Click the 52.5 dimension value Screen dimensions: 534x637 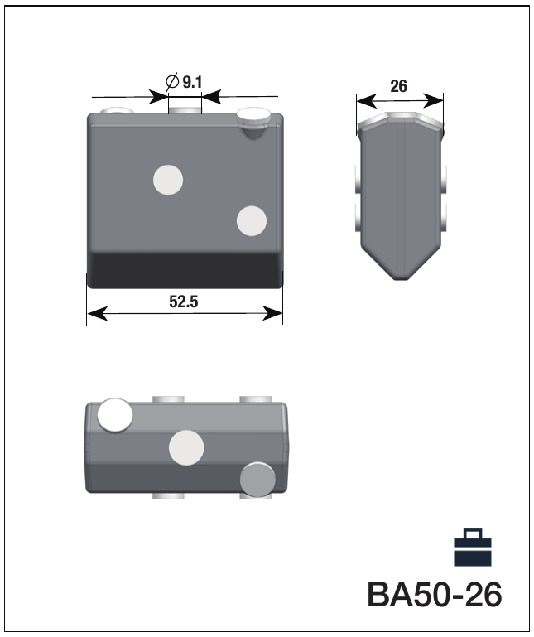[x=184, y=302]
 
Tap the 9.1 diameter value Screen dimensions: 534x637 [x=192, y=82]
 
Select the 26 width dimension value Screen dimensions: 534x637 [x=398, y=86]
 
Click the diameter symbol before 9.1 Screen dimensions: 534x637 [x=172, y=82]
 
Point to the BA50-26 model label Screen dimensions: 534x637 [x=434, y=595]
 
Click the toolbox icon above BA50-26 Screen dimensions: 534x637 [x=473, y=548]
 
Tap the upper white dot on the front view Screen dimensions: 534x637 [x=168, y=180]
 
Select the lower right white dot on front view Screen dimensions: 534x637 [x=252, y=221]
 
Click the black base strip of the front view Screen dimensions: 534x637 [x=185, y=271]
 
